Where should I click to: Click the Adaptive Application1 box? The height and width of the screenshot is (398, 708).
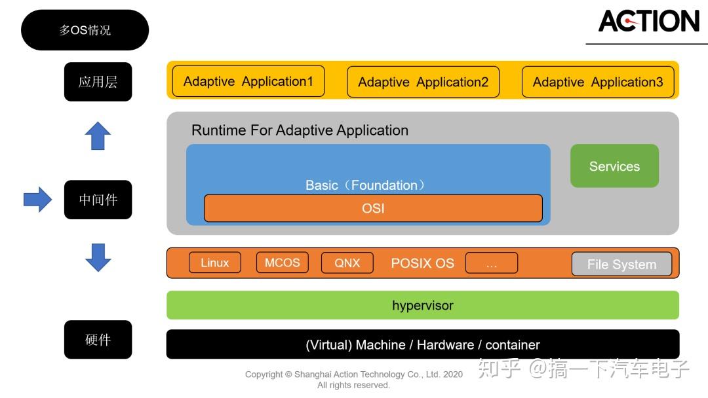pyautogui.click(x=248, y=81)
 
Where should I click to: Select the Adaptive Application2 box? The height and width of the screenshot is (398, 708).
pyautogui.click(x=423, y=82)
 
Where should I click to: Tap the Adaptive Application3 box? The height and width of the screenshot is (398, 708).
pyautogui.click(x=597, y=82)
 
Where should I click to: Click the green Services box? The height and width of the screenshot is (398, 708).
pyautogui.click(x=614, y=166)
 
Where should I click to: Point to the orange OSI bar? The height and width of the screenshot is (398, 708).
pyautogui.click(x=373, y=208)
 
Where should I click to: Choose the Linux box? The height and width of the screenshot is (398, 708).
pyautogui.click(x=215, y=262)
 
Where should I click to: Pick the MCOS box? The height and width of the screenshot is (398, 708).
pyautogui.click(x=282, y=262)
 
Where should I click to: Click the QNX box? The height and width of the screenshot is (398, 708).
pyautogui.click(x=347, y=262)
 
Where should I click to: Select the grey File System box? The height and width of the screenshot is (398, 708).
pyautogui.click(x=621, y=264)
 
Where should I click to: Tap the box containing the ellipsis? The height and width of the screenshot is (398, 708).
pyautogui.click(x=492, y=262)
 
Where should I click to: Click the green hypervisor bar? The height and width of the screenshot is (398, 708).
pyautogui.click(x=423, y=305)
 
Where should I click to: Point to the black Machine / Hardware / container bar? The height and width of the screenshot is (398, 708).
pyautogui.click(x=423, y=344)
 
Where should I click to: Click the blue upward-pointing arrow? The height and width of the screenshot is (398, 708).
pyautogui.click(x=98, y=136)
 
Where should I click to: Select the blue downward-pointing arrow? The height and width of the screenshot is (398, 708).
pyautogui.click(x=98, y=257)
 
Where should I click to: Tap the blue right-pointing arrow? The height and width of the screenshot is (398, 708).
pyautogui.click(x=38, y=200)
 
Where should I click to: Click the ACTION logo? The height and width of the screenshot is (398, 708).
pyautogui.click(x=648, y=21)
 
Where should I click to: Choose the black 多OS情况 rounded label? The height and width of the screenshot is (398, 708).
pyautogui.click(x=85, y=30)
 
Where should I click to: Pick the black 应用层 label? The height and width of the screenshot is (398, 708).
pyautogui.click(x=98, y=82)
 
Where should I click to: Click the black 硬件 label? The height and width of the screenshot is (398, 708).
pyautogui.click(x=98, y=339)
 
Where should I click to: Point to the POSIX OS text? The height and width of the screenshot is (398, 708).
pyautogui.click(x=422, y=262)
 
